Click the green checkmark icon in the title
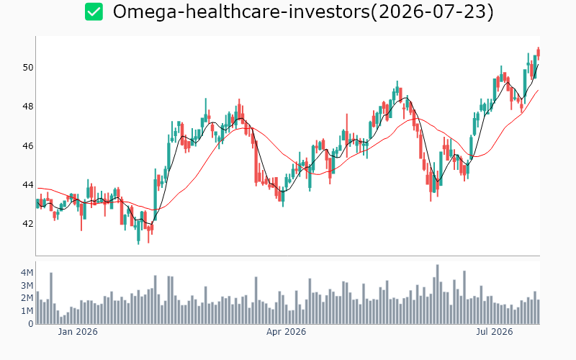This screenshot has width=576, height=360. [x=94, y=12]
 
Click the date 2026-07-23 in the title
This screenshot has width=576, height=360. [x=432, y=12]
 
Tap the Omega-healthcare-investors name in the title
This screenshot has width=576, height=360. [x=241, y=12]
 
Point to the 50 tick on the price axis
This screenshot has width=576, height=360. [x=28, y=68]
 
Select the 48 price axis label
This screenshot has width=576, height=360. [x=28, y=107]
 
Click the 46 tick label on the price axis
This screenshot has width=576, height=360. [x=28, y=146]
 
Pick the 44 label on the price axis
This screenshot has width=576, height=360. [x=28, y=185]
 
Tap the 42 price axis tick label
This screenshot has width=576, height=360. [x=28, y=224]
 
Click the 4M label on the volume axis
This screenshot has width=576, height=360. [x=27, y=273]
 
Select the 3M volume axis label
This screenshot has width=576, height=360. [x=27, y=285]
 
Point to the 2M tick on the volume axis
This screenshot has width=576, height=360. [x=27, y=298]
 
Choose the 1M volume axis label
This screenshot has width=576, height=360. [x=27, y=311]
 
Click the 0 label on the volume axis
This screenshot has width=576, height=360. [x=31, y=323]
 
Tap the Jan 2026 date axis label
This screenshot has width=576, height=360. [x=78, y=332]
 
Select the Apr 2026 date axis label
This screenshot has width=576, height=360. [x=286, y=332]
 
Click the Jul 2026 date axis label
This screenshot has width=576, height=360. [x=495, y=332]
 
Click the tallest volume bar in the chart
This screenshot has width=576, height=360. [x=438, y=294]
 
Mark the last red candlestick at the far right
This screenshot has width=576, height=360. [x=539, y=52]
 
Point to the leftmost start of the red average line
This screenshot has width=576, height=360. [x=38, y=188]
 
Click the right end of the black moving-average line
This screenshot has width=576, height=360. [x=539, y=65]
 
